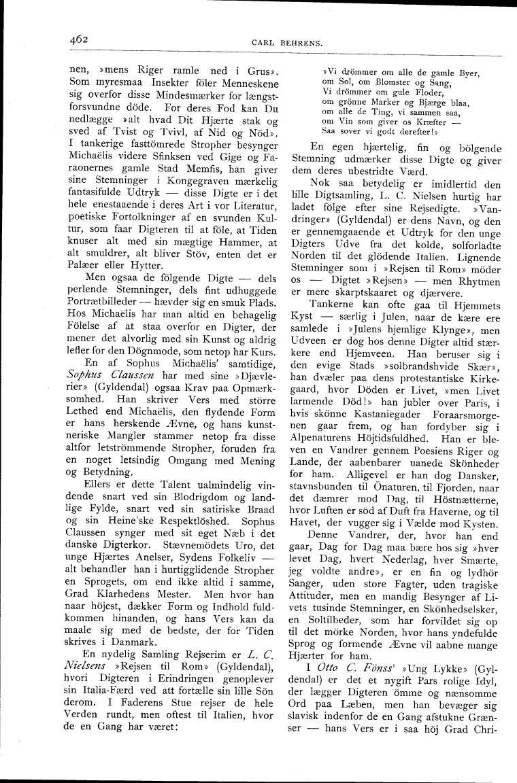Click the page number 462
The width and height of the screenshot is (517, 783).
point(80,39)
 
